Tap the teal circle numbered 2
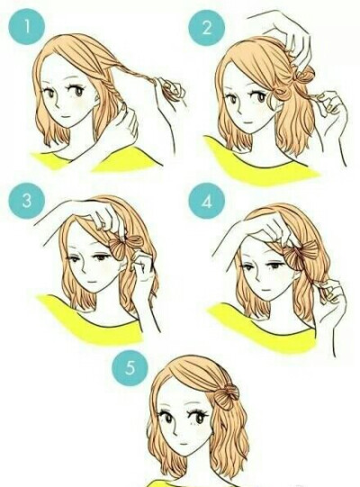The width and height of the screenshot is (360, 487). point(207,30)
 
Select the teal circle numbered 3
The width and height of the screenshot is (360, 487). point(27,201)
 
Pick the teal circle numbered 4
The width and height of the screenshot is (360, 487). point(207,201)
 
